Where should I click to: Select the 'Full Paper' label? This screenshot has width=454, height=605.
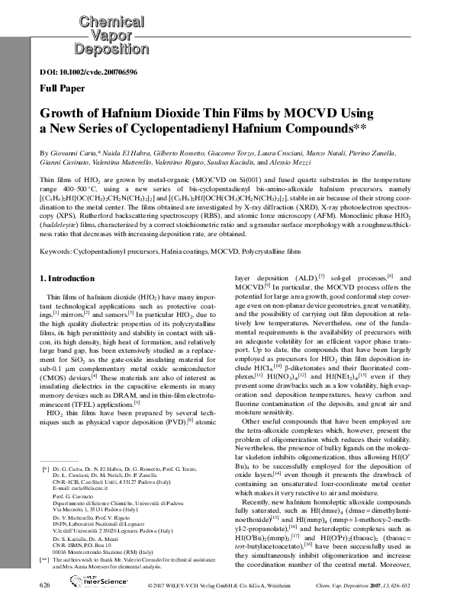(x=60, y=88)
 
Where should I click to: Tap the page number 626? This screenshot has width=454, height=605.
(x=44, y=584)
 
